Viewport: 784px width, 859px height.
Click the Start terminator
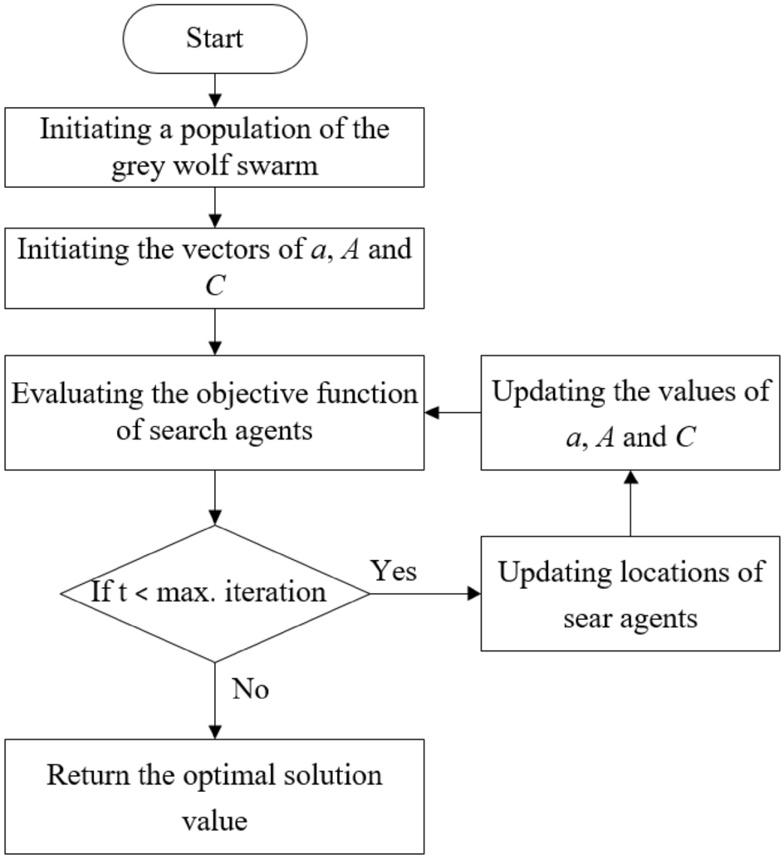215,39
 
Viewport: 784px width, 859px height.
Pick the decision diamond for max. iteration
215,593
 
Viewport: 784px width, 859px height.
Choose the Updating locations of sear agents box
631,594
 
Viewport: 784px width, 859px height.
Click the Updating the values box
631,412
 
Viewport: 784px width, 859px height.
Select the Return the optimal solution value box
215,795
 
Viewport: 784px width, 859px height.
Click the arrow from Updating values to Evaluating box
453,412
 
